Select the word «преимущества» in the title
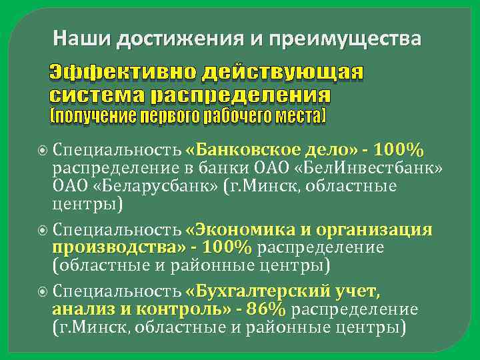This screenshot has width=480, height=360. pos(346,40)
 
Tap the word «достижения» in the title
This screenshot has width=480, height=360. pos(172,40)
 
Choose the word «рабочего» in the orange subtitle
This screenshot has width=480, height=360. pos(225,117)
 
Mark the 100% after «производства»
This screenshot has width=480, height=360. pos(227,248)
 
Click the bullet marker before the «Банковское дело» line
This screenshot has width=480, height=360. pos(43,149)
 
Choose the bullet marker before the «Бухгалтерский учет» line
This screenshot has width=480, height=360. pos(43,292)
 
